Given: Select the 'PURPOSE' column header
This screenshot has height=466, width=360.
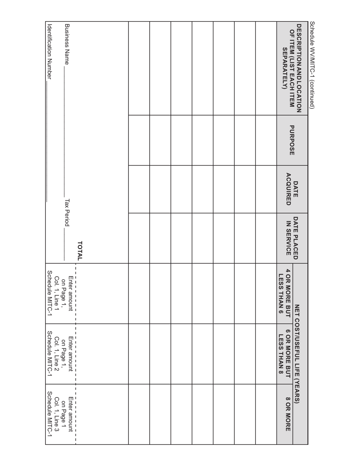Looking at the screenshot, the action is tap(292, 140).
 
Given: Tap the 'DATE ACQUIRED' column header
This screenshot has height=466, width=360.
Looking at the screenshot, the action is tap(292, 189).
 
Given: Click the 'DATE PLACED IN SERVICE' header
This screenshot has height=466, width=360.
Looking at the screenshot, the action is tap(292, 238).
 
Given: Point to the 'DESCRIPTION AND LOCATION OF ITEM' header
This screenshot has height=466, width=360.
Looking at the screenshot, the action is tap(292, 68).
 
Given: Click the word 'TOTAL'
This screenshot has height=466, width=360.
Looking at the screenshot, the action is tap(80, 250).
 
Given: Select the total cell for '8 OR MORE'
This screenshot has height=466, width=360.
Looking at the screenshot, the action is tap(102, 414).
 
